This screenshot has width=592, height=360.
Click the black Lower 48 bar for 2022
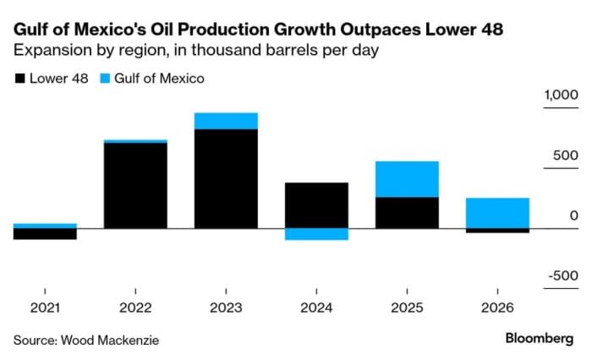pos(135,186)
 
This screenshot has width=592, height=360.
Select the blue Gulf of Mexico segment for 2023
pos(226,121)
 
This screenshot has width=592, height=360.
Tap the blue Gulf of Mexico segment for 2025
pos(407,179)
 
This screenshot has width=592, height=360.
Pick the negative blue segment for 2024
pos(316,234)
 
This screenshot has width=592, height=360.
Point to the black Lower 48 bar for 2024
pos(316,205)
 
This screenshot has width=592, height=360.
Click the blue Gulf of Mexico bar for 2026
pos(497,213)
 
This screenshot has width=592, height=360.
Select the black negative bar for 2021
pos(45,234)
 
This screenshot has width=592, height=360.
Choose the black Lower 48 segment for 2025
pos(407,213)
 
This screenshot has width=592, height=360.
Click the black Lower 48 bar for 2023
pos(226,179)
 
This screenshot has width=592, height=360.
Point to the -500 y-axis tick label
pos(563,276)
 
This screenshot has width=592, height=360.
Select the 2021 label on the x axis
pos(45,308)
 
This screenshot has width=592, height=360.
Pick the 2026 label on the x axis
pos(497,308)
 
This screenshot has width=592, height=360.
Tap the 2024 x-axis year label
pos(316,308)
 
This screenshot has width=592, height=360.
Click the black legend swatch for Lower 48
pos(19,79)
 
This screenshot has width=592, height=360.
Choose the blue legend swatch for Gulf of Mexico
pos(106,79)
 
